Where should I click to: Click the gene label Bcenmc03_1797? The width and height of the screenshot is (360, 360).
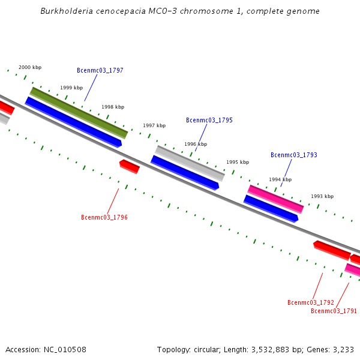click(100, 71)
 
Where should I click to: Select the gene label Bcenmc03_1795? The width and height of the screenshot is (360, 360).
click(209, 121)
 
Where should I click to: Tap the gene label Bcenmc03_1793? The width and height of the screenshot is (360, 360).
click(294, 155)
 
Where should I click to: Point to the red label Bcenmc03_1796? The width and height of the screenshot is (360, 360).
click(104, 218)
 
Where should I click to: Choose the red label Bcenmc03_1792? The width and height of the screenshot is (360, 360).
click(311, 303)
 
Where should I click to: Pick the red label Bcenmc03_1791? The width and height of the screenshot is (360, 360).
click(334, 311)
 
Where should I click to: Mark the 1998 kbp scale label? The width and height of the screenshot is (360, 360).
click(113, 107)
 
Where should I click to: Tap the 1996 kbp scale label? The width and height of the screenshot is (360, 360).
click(196, 145)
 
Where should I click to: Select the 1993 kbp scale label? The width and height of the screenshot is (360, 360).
click(322, 197)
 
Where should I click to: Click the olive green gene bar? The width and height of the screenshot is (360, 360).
click(79, 113)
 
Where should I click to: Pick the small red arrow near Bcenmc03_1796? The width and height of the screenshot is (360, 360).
click(130, 166)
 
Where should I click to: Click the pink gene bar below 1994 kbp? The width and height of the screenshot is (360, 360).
click(276, 199)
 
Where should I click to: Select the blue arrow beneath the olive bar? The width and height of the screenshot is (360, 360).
click(73, 122)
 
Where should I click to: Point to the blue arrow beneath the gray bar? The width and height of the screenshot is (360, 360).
click(185, 173)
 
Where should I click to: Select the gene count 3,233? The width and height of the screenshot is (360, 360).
click(343, 350)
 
